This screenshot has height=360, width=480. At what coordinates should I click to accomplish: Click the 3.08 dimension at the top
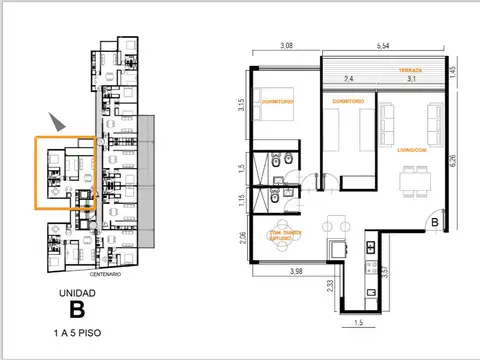click(x=285, y=46)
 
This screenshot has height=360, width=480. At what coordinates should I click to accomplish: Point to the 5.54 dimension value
click(x=383, y=46)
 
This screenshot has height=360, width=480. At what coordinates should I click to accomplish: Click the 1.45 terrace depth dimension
click(x=453, y=72)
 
